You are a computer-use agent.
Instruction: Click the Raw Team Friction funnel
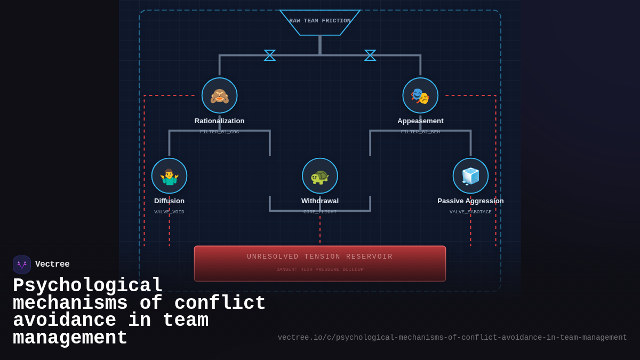coord(320,22)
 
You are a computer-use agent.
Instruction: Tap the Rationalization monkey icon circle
coord(219,95)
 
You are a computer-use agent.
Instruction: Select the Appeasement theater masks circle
coord(420,95)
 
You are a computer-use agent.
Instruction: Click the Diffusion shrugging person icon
coord(169,176)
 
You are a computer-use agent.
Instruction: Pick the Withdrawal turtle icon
coord(320,176)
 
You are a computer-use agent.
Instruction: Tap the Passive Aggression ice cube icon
coord(470,176)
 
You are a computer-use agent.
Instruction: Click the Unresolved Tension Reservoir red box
coord(320,263)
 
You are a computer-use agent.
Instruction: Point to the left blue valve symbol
coord(270,55)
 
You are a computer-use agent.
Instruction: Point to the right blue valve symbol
coord(370,55)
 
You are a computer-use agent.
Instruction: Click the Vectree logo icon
coord(22,265)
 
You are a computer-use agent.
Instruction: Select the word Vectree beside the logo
coord(52,265)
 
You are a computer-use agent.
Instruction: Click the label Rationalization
coord(219,121)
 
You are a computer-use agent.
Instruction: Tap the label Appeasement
coord(420,121)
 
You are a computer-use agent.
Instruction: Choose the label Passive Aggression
coord(470,201)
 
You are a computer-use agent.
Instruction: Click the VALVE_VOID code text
coord(169,212)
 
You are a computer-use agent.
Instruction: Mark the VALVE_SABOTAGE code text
coord(470,212)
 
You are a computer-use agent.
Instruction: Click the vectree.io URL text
coord(452,338)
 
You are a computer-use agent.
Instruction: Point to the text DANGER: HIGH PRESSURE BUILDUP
coord(320,270)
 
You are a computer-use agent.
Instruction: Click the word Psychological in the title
coord(87,286)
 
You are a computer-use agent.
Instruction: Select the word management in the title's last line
coord(70,338)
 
